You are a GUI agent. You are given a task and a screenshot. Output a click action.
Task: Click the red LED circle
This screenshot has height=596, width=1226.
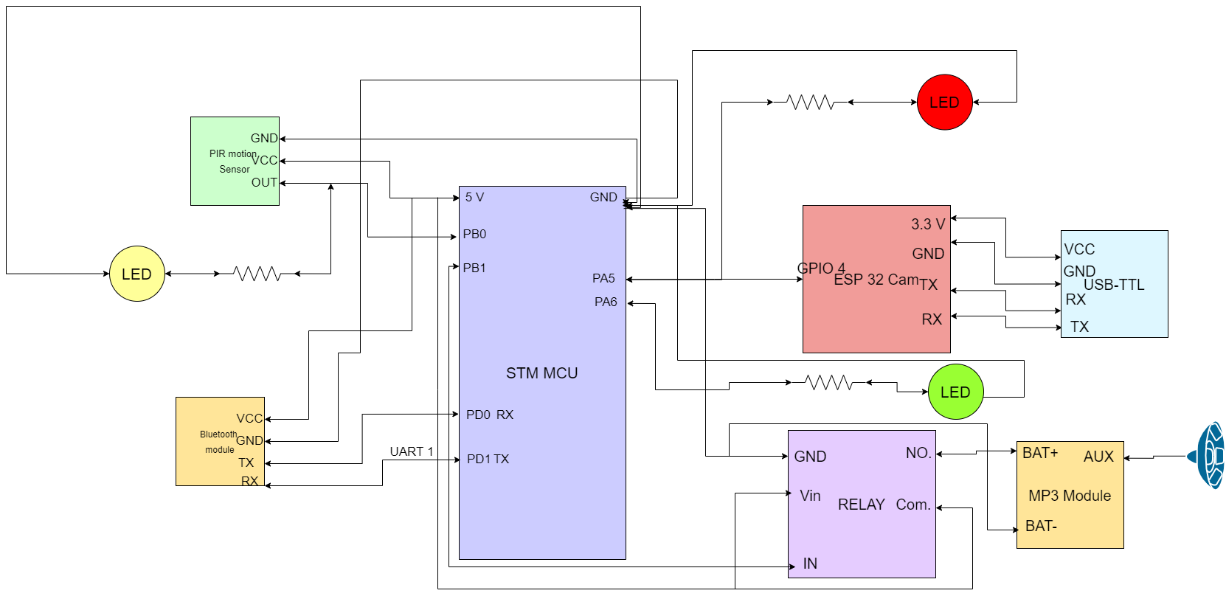pyautogui.click(x=944, y=103)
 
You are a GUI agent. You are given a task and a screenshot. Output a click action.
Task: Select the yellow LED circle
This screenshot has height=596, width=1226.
pyautogui.click(x=136, y=274)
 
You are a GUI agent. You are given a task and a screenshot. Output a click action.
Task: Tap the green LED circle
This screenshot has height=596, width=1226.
pyautogui.click(x=955, y=392)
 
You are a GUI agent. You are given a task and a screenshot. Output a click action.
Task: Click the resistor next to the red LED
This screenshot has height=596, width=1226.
pyautogui.click(x=810, y=103)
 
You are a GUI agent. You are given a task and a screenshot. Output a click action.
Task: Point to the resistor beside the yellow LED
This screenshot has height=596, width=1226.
pyautogui.click(x=257, y=274)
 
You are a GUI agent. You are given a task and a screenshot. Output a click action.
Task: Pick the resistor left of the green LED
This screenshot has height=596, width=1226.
pyautogui.click(x=828, y=382)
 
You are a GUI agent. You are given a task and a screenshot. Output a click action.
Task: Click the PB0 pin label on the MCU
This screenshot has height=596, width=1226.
pyautogui.click(x=474, y=235)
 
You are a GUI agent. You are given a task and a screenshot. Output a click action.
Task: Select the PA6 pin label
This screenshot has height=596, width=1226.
pyautogui.click(x=606, y=302)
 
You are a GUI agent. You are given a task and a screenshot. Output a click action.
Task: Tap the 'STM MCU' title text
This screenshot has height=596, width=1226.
pyautogui.click(x=541, y=373)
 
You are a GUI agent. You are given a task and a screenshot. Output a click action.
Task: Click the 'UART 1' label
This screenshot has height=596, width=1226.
pyautogui.click(x=412, y=451)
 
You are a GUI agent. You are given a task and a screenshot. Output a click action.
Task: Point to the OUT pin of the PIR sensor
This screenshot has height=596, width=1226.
pyautogui.click(x=264, y=182)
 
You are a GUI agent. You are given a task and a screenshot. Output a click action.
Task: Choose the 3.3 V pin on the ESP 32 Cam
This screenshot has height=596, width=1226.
pyautogui.click(x=927, y=224)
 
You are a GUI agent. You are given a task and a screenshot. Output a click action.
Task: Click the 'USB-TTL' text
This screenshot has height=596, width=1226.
pyautogui.click(x=1113, y=285)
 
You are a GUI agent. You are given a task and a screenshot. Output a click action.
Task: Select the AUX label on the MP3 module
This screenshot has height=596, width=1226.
pyautogui.click(x=1098, y=457)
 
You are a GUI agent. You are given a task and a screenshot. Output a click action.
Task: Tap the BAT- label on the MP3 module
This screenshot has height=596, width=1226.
pyautogui.click(x=1041, y=526)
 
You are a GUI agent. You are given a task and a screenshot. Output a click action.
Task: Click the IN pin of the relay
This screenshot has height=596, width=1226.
pyautogui.click(x=810, y=564)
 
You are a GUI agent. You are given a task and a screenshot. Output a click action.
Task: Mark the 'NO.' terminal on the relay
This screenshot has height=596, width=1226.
pyautogui.click(x=918, y=453)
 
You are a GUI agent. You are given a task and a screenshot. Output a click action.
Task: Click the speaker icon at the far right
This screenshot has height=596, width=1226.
pyautogui.click(x=1208, y=455)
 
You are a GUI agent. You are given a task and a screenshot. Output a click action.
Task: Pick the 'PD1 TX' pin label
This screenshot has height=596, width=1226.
pyautogui.click(x=488, y=459)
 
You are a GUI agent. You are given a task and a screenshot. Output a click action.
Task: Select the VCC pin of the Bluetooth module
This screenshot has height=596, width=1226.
pyautogui.click(x=249, y=418)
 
